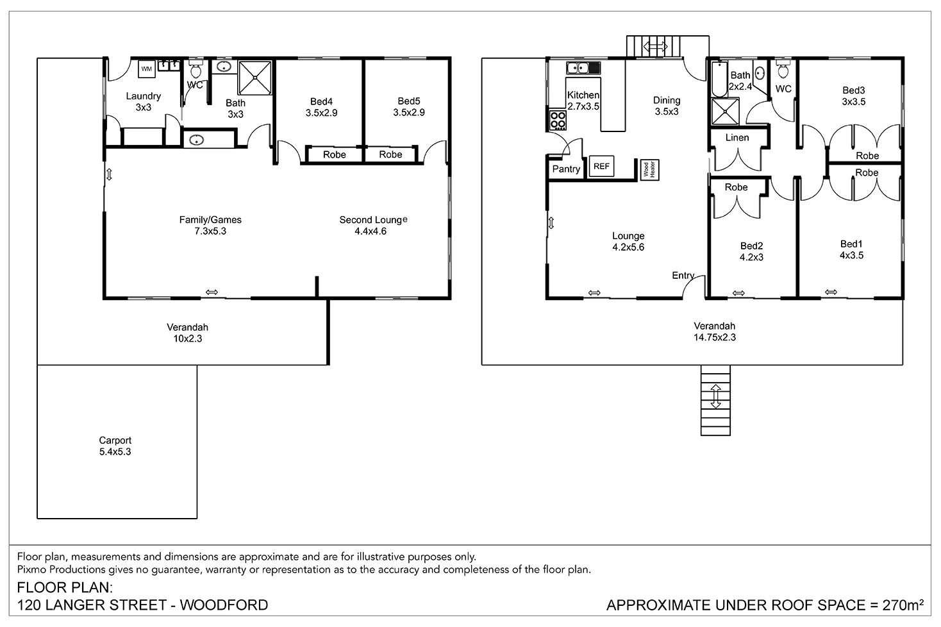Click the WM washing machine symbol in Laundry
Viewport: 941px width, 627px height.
point(147,68)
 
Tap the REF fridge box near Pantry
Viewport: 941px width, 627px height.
point(601,167)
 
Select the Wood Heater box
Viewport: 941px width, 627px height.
point(649,170)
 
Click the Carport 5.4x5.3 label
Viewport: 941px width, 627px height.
point(115,446)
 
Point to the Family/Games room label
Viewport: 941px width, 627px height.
point(210,225)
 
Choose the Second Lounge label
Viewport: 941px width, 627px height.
point(371,225)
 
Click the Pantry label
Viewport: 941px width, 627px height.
point(566,169)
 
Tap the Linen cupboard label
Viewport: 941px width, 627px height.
point(737,138)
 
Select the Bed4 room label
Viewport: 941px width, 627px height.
point(321,107)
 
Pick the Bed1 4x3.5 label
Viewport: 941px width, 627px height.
point(851,249)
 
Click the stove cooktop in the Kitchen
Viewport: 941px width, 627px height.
point(558,120)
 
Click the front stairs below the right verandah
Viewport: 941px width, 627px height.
point(715,400)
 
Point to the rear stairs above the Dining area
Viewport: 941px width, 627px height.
point(655,46)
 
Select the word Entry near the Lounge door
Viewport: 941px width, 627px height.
point(683,276)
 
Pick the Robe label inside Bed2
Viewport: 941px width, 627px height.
point(736,187)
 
